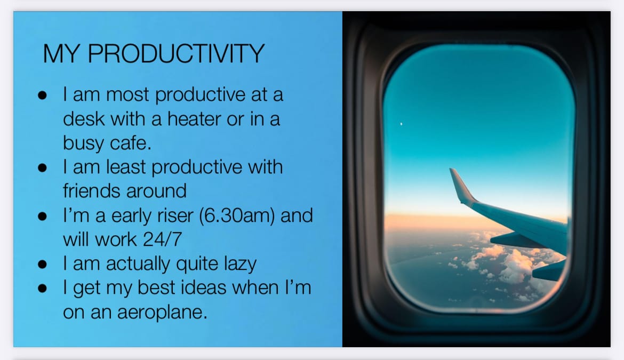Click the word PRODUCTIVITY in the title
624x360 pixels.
coord(176,53)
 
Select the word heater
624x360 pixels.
coord(194,118)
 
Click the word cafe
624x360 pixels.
coord(131,143)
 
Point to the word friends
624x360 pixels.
coord(92,190)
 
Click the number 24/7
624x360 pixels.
coord(162,239)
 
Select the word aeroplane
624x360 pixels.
coord(162,313)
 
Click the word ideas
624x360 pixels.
coord(204,287)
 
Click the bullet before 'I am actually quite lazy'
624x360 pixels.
coord(42,265)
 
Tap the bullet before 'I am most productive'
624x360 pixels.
coord(42,95)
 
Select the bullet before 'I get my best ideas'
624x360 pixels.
coord(42,289)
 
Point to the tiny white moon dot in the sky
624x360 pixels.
coord(401,124)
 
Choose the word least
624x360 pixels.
coord(126,167)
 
